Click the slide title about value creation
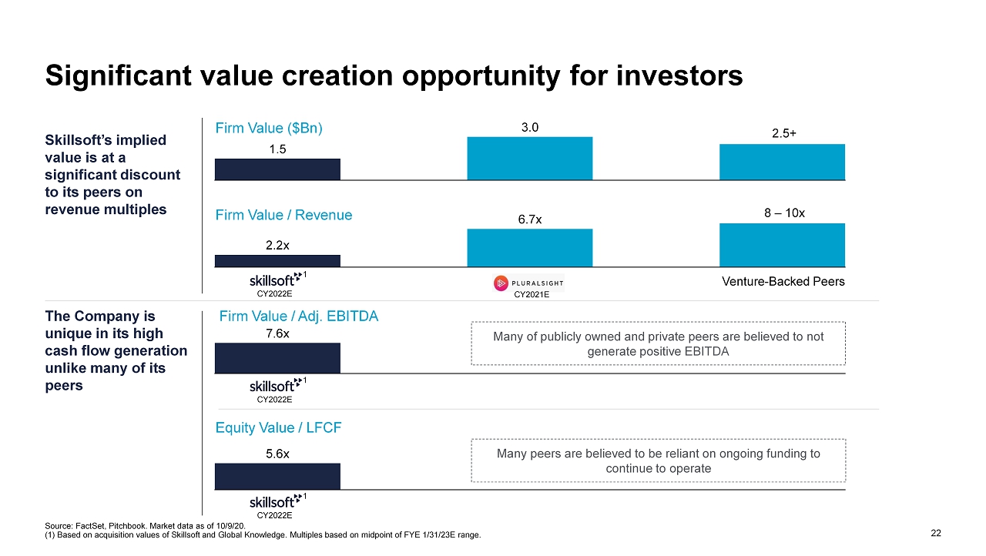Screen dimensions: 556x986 [394, 75]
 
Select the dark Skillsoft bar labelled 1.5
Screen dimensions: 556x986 [277, 169]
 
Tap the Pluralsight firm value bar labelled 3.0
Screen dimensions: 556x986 [529, 158]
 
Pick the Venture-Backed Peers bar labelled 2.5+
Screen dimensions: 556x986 [782, 162]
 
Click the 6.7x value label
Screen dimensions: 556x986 [529, 219]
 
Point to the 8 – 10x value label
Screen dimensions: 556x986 [784, 213]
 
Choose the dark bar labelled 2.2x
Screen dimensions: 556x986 [277, 260]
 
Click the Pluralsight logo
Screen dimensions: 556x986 [528, 283]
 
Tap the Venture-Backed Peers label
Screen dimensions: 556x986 [783, 282]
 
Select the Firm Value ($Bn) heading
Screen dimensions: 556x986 [269, 129]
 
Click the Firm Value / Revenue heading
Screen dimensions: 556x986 [283, 216]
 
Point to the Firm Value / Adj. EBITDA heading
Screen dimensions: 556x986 [299, 316]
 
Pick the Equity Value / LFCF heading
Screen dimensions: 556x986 [278, 428]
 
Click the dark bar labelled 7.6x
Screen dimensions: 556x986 [277, 357]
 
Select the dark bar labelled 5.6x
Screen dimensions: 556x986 [277, 476]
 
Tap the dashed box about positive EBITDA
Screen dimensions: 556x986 [659, 343]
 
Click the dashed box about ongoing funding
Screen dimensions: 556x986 [659, 461]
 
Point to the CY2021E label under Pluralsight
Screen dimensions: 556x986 [531, 293]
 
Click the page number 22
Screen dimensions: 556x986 [936, 533]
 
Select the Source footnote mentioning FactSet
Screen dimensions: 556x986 [146, 525]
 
